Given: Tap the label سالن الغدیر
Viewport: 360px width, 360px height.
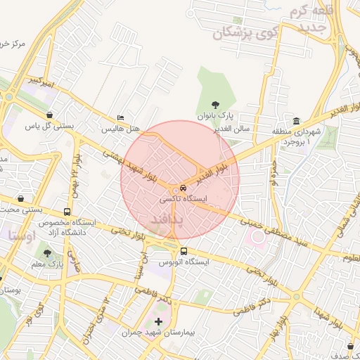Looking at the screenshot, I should click(233, 129).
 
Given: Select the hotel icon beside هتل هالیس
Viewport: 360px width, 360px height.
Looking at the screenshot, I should click(121, 118).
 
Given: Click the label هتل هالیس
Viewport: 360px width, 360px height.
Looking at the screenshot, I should click(121, 129).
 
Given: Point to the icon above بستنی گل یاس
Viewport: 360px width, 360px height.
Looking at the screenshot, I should click(49, 115).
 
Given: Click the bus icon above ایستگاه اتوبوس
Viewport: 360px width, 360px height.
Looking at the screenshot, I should click(184, 251).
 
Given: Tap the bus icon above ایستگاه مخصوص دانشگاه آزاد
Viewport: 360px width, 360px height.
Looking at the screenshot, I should click(67, 211).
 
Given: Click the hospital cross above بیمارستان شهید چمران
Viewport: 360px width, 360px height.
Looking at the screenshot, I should click(158, 322).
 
